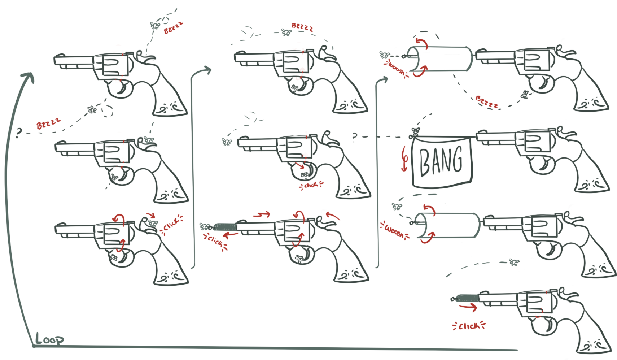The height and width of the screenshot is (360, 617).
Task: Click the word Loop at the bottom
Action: click(49, 339)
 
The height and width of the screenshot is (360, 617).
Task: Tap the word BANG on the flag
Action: click(441, 160)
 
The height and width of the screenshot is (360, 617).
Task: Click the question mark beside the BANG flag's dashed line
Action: click(355, 136)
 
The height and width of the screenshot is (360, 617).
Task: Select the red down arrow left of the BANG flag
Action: click(404, 159)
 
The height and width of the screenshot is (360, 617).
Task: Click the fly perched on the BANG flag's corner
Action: click(415, 131)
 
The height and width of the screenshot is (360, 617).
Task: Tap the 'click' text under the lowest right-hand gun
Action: click(469, 326)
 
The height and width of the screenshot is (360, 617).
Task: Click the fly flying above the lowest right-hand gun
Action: click(514, 262)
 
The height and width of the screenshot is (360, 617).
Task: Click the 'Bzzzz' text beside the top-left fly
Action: click(173, 28)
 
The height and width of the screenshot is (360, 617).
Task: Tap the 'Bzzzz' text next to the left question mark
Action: click(48, 124)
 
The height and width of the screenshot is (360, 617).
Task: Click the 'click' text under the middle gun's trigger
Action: click(311, 185)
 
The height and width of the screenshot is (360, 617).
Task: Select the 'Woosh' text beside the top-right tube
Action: click(397, 69)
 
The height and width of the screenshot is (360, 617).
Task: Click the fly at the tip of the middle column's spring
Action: click(205, 226)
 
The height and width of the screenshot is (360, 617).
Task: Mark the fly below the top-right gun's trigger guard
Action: click(525, 95)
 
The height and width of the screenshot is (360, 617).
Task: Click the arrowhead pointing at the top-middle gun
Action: click(207, 70)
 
